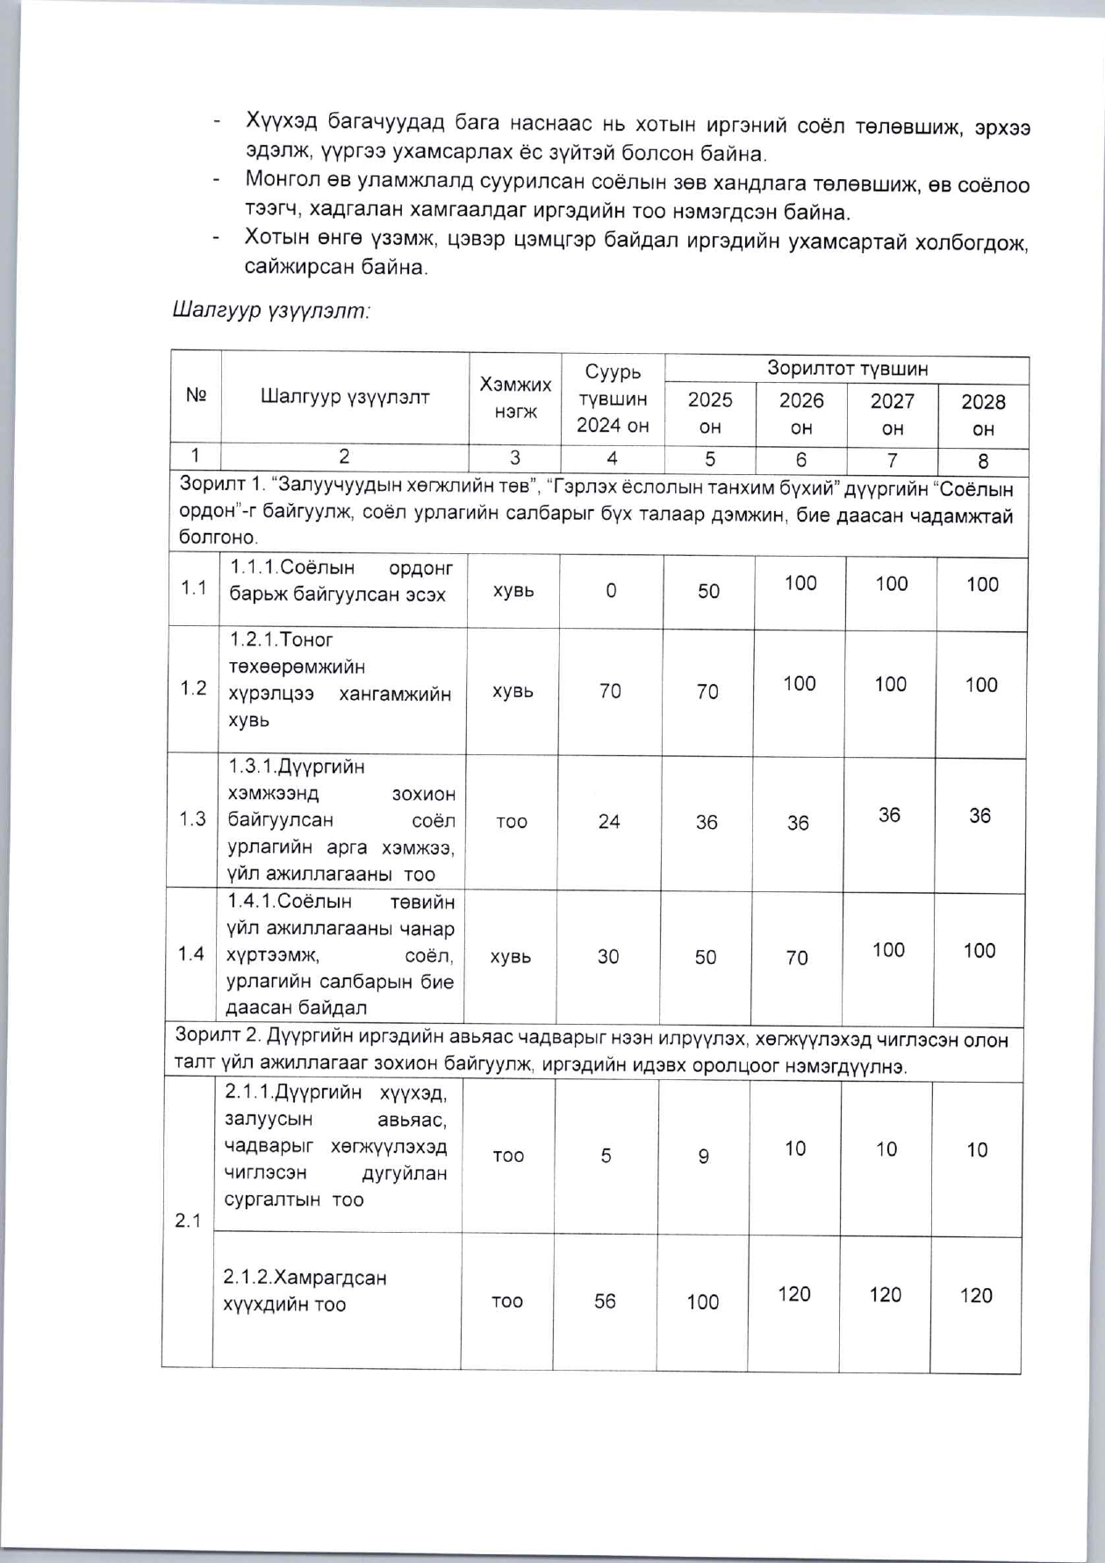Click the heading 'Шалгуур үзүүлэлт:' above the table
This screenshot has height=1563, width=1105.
tap(271, 311)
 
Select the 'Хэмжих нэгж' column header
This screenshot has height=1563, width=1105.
tap(515, 398)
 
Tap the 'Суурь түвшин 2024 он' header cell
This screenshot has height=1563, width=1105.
tap(613, 399)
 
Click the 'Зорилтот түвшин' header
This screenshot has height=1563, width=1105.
tap(847, 368)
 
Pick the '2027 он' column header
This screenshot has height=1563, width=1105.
tap(892, 414)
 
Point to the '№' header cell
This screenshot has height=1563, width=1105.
tap(196, 395)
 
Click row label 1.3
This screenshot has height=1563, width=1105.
tap(192, 819)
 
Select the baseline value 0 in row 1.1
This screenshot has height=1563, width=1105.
tap(611, 591)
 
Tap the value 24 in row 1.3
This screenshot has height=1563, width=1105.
tap(609, 822)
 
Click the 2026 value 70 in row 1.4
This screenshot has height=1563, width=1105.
tap(797, 958)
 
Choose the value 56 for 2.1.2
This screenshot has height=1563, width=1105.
tap(605, 1301)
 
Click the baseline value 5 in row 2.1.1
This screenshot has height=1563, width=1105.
tap(606, 1156)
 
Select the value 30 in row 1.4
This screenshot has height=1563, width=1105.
tap(608, 957)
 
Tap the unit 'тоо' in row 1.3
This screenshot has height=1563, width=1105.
tap(512, 822)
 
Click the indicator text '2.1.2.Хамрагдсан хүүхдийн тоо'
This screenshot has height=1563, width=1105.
tap(305, 1290)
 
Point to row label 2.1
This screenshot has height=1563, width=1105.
tap(188, 1221)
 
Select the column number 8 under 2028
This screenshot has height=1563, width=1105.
tap(983, 461)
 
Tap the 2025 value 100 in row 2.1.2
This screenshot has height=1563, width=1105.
tap(703, 1302)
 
